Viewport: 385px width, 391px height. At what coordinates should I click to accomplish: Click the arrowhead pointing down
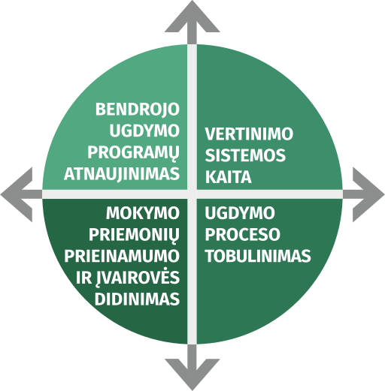[x=192, y=374]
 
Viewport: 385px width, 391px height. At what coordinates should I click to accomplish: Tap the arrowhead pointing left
[x=17, y=194]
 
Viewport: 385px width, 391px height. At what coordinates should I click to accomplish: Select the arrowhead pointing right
[x=368, y=194]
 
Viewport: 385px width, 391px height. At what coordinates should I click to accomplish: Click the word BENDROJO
[x=138, y=110]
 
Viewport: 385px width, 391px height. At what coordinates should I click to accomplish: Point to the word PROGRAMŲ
[x=133, y=152]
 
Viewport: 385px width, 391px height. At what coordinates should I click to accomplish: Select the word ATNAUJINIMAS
[x=122, y=173]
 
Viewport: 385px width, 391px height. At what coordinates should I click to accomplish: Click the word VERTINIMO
[x=249, y=134]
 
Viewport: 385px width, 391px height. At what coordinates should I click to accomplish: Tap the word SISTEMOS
[x=245, y=155]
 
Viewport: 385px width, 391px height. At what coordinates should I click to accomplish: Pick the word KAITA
[x=229, y=177]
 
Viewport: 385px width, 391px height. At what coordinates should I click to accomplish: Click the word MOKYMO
[x=143, y=213]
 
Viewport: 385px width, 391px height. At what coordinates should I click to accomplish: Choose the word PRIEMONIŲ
[x=134, y=235]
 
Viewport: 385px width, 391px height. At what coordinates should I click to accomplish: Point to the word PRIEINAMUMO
[x=122, y=256]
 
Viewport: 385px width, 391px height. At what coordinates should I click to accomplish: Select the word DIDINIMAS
[x=137, y=299]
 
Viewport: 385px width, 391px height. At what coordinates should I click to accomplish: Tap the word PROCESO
[x=243, y=234]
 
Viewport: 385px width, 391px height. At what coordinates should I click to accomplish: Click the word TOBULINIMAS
[x=258, y=256]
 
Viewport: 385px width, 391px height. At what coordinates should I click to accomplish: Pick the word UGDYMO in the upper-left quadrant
[x=144, y=131]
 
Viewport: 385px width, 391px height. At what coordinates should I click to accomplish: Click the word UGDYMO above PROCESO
[x=240, y=213]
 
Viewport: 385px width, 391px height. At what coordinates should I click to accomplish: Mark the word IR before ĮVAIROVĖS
[x=83, y=278]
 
